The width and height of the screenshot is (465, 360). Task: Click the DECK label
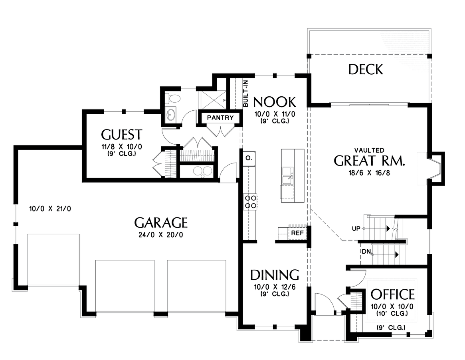pos(366,70)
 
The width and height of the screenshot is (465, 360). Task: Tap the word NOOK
pos(275,102)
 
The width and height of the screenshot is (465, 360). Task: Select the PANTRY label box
pos(220,118)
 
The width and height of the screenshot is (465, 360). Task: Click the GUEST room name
pos(122,135)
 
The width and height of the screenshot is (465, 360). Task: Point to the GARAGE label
pos(161,223)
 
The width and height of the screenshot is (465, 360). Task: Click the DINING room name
pos(275,275)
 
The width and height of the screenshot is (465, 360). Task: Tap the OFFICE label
pos(392,294)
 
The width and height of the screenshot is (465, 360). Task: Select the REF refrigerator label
pos(297,233)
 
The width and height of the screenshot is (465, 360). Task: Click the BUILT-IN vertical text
pos(245,94)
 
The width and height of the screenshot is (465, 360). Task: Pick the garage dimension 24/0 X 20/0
pos(161,235)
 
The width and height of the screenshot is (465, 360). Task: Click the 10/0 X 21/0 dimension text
pos(50,209)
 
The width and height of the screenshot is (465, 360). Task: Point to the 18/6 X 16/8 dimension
pos(369,173)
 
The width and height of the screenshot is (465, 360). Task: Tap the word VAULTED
pos(369,151)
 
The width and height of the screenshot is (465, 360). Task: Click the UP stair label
pos(356,229)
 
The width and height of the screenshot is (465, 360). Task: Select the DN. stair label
pos(366,252)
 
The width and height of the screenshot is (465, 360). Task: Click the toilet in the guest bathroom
pos(172,97)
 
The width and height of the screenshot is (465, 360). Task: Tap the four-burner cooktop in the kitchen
pos(250,201)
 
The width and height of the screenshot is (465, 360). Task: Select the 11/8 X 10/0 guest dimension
pos(122,147)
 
